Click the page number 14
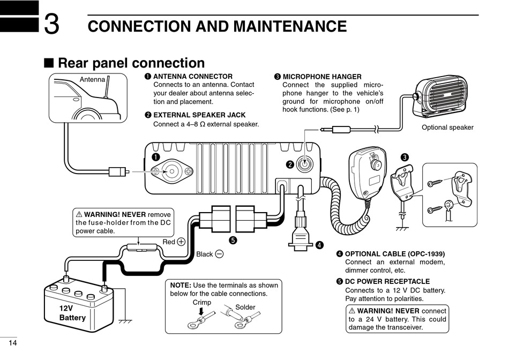point(13,343)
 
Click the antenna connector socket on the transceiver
point(172,171)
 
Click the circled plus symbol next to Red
point(181,242)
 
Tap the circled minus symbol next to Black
point(219,254)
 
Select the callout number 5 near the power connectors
point(233,240)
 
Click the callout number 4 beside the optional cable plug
point(319,245)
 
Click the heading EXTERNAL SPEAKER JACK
point(199,115)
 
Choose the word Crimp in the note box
point(201,303)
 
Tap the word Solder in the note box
point(245,307)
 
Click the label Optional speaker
point(447,127)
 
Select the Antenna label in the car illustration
point(92,80)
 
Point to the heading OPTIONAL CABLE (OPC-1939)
point(394,253)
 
